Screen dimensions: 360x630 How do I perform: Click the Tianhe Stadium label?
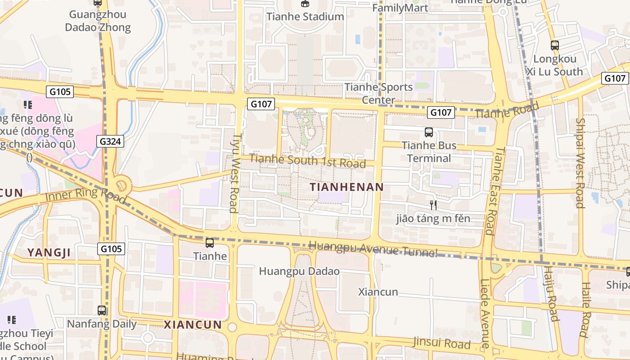pyautogui.click(x=305, y=17)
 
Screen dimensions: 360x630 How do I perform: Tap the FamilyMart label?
pyautogui.click(x=400, y=8)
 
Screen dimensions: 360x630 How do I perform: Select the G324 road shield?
pyautogui.click(x=110, y=142)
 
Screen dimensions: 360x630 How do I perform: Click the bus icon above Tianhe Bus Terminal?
pyautogui.click(x=429, y=132)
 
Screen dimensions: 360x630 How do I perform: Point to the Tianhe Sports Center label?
pyautogui.click(x=378, y=93)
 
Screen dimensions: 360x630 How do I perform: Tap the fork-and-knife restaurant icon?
pyautogui.click(x=433, y=205)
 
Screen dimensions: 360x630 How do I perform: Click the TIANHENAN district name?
pyautogui.click(x=347, y=187)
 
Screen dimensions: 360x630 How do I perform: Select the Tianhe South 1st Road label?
pyautogui.click(x=307, y=161)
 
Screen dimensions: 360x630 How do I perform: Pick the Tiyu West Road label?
pyautogui.click(x=234, y=173)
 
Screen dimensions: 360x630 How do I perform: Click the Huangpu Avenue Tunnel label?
pyautogui.click(x=373, y=249)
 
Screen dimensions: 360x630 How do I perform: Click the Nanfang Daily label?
pyautogui.click(x=102, y=324)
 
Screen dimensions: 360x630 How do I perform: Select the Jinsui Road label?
pyautogui.click(x=442, y=343)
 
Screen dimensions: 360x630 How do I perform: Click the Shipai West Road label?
pyautogui.click(x=580, y=163)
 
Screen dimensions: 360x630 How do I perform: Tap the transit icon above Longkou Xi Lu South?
pyautogui.click(x=555, y=45)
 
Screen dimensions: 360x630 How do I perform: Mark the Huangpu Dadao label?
pyautogui.click(x=299, y=271)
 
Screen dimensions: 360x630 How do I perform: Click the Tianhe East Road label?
pyautogui.click(x=494, y=191)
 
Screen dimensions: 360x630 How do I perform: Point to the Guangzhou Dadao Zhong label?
pyautogui.click(x=98, y=21)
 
